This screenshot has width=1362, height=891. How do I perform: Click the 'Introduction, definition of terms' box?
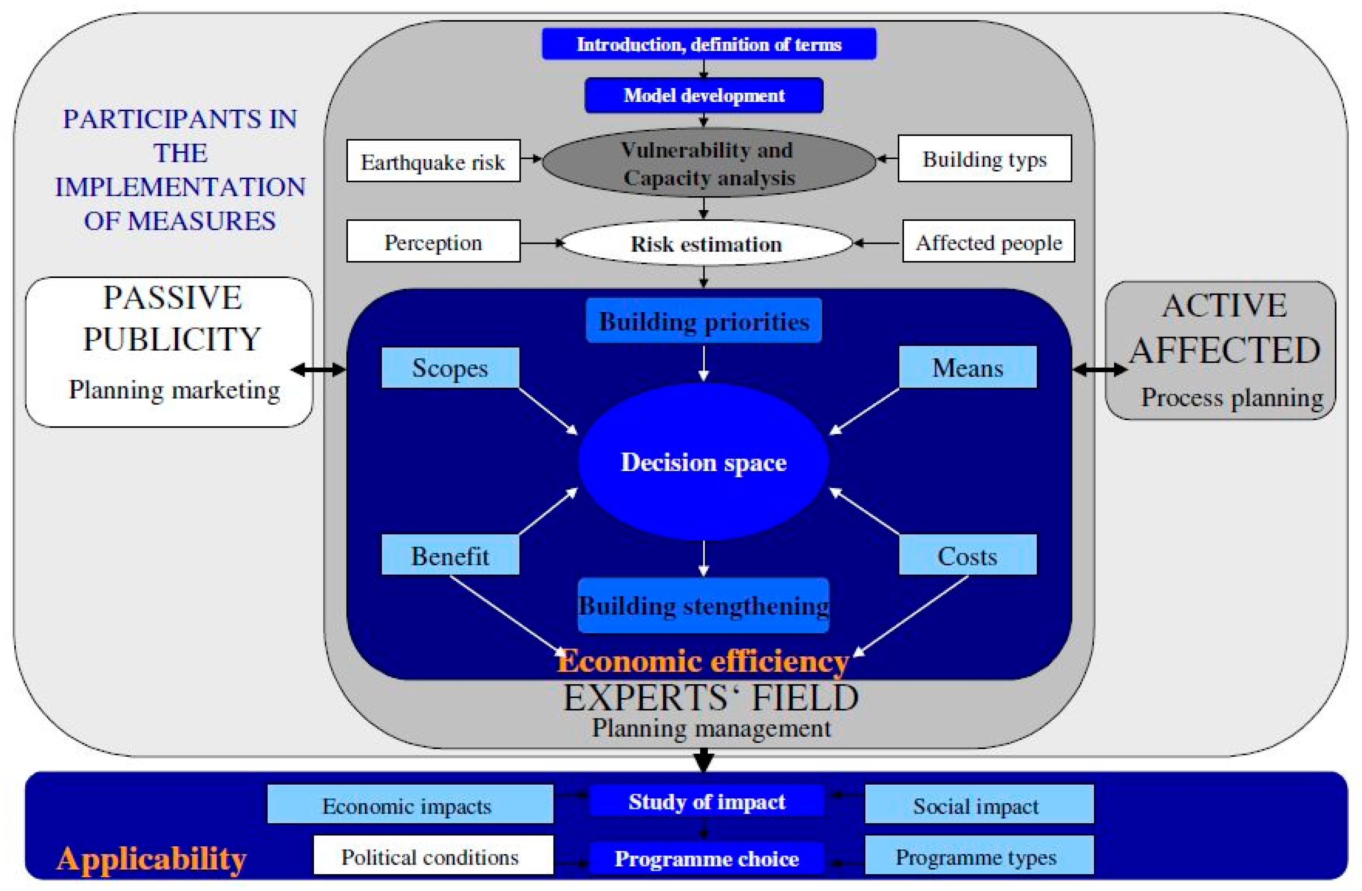pyautogui.click(x=709, y=44)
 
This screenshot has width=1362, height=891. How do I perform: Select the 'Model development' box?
pyautogui.click(x=703, y=95)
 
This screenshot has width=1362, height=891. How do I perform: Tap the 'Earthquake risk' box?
pyautogui.click(x=433, y=161)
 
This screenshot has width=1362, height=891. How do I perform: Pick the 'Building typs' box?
pyautogui.click(x=984, y=158)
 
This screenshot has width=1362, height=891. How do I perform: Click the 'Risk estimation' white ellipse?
pyautogui.click(x=706, y=244)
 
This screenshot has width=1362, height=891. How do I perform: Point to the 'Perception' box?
pyautogui.click(x=433, y=241)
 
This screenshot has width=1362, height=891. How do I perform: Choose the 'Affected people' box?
pyautogui.click(x=988, y=241)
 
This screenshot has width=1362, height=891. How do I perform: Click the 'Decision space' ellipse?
pyautogui.click(x=703, y=462)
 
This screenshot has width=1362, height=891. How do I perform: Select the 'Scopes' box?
pyautogui.click(x=450, y=368)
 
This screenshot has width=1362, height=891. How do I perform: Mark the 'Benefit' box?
pyautogui.click(x=450, y=555)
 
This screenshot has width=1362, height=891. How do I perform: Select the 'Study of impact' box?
pyautogui.click(x=706, y=801)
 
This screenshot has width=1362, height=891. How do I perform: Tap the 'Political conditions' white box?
pyautogui.click(x=433, y=856)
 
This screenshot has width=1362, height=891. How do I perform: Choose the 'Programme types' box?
pyautogui.click(x=979, y=856)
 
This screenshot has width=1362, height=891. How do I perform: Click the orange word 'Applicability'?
pyautogui.click(x=152, y=858)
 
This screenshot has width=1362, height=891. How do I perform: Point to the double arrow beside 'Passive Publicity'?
pyautogui.click(x=319, y=370)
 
